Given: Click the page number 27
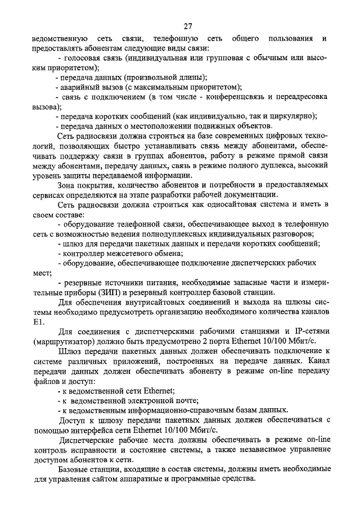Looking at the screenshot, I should click(x=188, y=25).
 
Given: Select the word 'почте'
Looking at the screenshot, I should click(x=183, y=400).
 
